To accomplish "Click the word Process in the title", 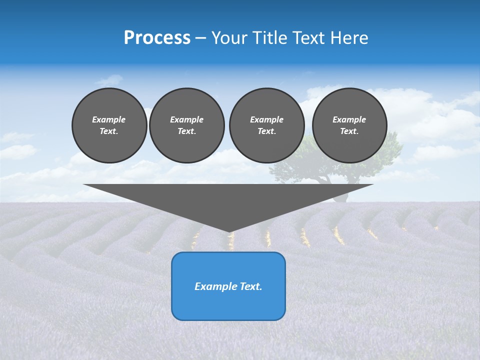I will tap(157, 38).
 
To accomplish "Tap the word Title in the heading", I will tap(269, 38).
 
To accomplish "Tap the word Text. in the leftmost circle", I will tap(109, 131).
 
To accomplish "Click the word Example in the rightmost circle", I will tap(349, 119).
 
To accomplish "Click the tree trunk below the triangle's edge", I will tap(340, 197).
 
